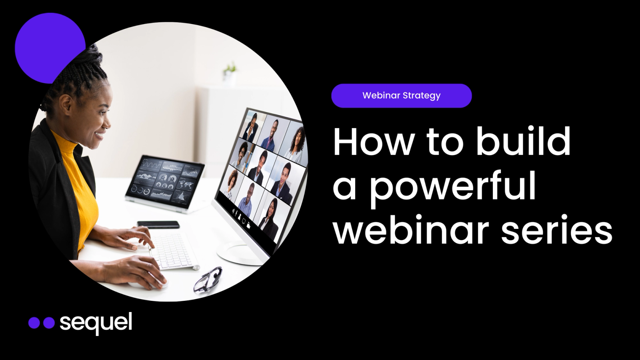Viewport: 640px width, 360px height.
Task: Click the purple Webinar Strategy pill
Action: pyautogui.click(x=402, y=96)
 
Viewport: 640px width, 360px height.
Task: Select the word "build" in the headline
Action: pyautogui.click(x=523, y=140)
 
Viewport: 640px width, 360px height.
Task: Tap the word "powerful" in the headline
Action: pyautogui.click(x=452, y=188)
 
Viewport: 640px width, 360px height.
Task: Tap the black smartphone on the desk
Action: pyautogui.click(x=158, y=224)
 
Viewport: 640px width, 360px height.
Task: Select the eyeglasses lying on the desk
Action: pyautogui.click(x=208, y=279)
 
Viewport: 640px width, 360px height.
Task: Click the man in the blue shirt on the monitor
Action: pyautogui.click(x=246, y=200)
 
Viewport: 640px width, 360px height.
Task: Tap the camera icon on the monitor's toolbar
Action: pyautogui.click(x=249, y=225)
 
